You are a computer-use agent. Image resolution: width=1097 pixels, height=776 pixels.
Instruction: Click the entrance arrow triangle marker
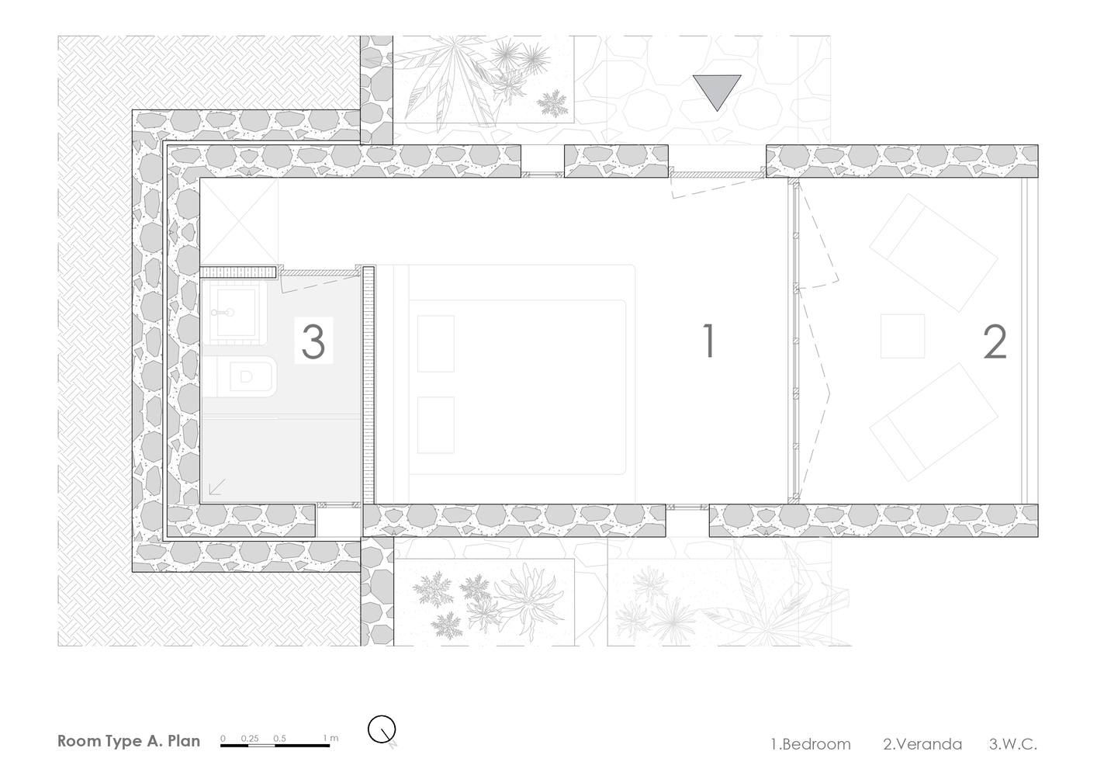click(718, 91)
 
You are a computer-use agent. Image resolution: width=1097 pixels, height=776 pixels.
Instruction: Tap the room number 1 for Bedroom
click(709, 341)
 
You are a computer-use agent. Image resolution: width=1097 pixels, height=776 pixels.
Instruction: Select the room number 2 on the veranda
click(995, 342)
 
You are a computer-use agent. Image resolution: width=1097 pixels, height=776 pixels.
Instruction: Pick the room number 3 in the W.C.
click(313, 341)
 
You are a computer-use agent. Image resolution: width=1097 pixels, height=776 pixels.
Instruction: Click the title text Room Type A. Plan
click(129, 741)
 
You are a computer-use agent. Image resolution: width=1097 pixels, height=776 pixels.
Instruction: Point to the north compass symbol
click(382, 730)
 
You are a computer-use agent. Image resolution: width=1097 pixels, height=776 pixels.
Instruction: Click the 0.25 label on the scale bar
click(250, 738)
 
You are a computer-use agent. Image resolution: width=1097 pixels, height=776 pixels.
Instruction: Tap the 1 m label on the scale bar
click(330, 738)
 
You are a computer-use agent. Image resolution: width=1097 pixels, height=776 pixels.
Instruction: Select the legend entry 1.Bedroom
click(811, 744)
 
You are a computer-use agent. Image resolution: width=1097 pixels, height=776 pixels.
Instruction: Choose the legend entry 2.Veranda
click(922, 744)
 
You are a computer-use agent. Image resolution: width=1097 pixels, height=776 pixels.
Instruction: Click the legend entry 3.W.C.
click(1013, 744)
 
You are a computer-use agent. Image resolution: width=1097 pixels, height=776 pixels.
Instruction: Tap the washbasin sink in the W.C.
click(234, 312)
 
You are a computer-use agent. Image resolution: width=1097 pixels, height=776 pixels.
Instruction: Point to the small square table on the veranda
click(902, 336)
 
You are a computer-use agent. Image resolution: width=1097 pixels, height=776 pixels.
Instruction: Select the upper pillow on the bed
click(436, 344)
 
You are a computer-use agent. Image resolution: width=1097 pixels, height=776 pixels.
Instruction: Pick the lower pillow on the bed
click(436, 424)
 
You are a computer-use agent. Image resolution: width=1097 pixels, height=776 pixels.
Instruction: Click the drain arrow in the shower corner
click(217, 487)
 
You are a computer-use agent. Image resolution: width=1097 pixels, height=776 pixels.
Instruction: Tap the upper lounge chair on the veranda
click(933, 252)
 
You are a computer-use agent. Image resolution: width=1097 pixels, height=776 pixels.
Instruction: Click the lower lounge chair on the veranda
click(933, 422)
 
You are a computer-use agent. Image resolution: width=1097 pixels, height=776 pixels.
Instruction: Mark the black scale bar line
click(275, 746)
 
